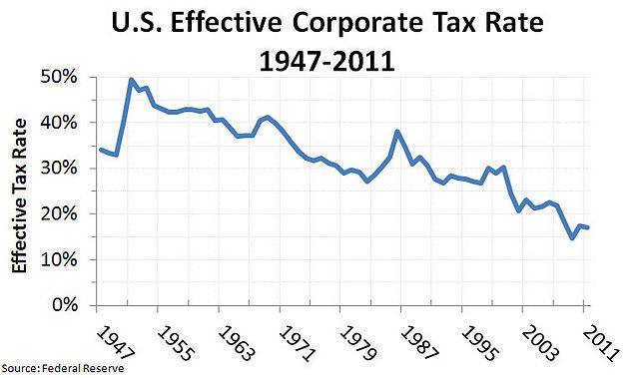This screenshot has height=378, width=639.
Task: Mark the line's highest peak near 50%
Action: (132, 79)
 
